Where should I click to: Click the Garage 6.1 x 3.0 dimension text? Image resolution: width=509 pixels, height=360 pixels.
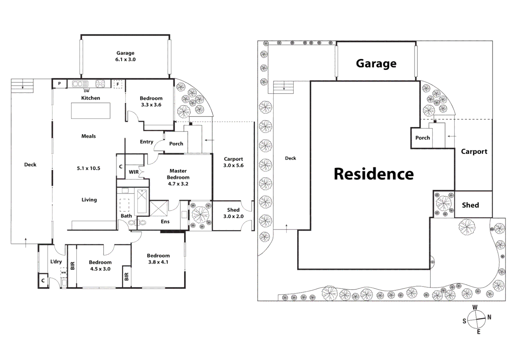tap(125, 60)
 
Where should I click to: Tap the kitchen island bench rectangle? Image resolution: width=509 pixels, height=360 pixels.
tap(91, 111)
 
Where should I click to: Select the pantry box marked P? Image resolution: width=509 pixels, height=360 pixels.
tap(60, 84)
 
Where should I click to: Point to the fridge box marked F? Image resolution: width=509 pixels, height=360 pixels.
tap(118, 84)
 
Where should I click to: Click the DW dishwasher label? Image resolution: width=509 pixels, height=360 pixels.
tap(86, 91)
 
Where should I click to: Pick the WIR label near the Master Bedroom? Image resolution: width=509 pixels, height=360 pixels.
tap(134, 172)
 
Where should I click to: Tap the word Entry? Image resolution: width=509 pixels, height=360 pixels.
tap(146, 142)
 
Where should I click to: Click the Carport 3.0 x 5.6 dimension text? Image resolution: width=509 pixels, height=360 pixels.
tap(233, 165)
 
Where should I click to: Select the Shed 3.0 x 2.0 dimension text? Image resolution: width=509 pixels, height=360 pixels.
tap(233, 216)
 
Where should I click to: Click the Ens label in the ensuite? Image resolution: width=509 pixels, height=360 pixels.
tap(165, 221)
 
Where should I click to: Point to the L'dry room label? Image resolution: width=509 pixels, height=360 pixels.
tap(56, 262)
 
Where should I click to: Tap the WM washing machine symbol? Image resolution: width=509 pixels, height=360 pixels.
tap(63, 273)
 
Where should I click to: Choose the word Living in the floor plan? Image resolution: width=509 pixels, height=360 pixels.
tap(89, 200)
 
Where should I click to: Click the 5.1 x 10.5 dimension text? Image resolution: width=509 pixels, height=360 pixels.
tap(89, 168)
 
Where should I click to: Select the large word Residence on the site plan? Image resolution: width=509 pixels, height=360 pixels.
tap(374, 174)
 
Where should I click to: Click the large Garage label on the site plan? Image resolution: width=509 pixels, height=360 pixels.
tap(376, 63)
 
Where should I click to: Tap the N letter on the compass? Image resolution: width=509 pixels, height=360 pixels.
tap(489, 317)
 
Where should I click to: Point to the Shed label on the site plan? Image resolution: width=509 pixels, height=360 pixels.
tap(470, 205)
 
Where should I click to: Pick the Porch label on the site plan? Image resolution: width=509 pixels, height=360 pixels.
tap(422, 138)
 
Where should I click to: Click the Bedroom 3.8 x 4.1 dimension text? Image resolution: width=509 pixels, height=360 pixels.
tap(158, 262)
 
